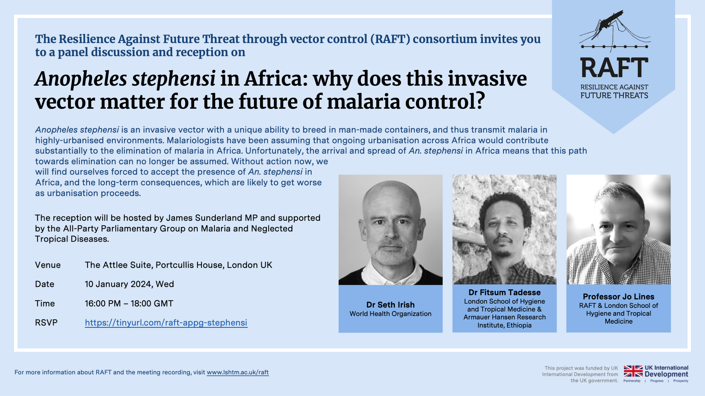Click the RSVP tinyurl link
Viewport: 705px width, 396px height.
pyautogui.click(x=166, y=322)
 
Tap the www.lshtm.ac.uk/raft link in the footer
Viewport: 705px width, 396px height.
pyautogui.click(x=237, y=372)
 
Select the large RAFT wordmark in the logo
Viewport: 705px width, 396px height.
pyautogui.click(x=614, y=68)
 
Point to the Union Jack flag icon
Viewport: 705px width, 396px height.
pyautogui.click(x=633, y=371)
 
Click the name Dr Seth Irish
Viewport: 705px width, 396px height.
pyautogui.click(x=390, y=305)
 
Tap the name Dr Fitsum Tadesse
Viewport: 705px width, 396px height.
pyautogui.click(x=504, y=292)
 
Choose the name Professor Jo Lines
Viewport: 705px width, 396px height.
pyautogui.click(x=618, y=297)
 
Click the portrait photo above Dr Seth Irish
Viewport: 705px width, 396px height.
pyautogui.click(x=391, y=230)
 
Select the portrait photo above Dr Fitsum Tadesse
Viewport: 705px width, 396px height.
pyautogui.click(x=504, y=230)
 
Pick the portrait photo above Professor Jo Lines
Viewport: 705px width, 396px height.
pyautogui.click(x=618, y=230)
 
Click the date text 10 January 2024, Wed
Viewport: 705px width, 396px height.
pyautogui.click(x=129, y=284)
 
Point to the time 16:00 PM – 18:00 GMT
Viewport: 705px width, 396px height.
pyautogui.click(x=129, y=304)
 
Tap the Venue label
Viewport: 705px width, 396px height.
pyautogui.click(x=48, y=265)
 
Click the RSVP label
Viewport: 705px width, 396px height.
pyautogui.click(x=46, y=322)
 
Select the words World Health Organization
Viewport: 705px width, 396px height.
pyautogui.click(x=390, y=314)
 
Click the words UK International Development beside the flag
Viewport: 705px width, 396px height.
pyautogui.click(x=666, y=371)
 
